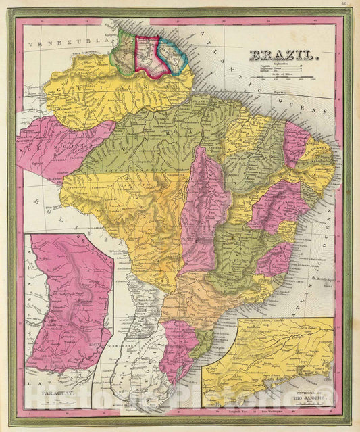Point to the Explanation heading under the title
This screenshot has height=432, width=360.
(274, 66)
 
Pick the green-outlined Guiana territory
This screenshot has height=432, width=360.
(125, 47)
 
